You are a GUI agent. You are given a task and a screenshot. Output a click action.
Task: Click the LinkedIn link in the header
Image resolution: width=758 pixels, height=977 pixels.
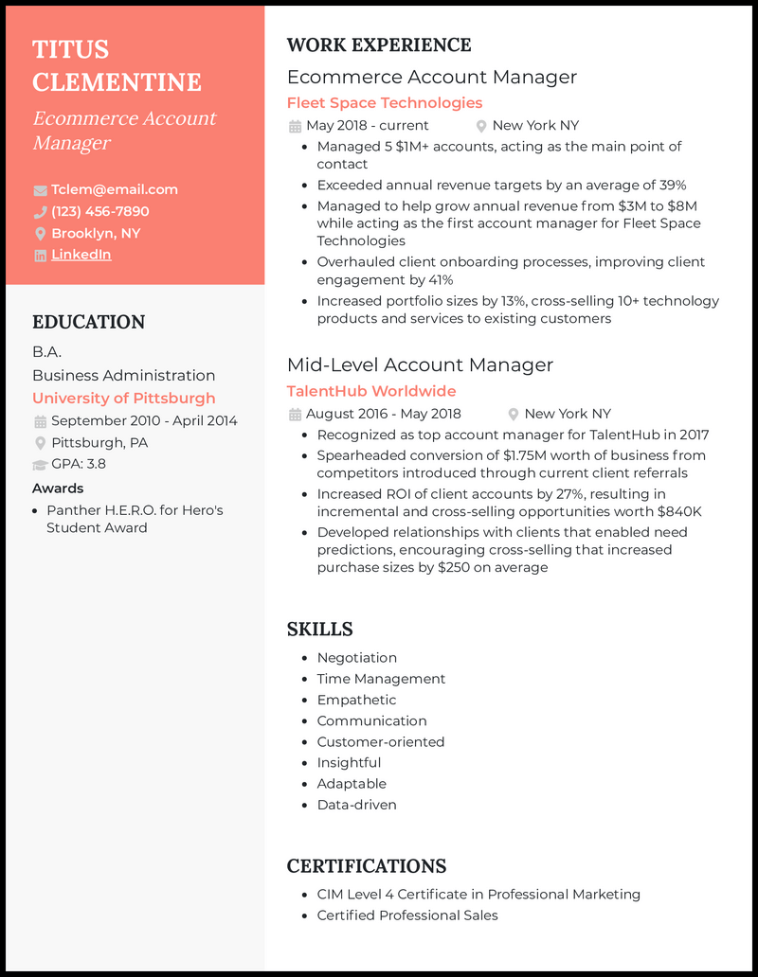(x=81, y=255)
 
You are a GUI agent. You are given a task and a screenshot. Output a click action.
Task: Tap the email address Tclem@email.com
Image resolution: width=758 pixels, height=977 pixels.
(x=115, y=189)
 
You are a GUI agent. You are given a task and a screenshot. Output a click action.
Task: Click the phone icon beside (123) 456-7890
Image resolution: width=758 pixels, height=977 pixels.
(x=40, y=211)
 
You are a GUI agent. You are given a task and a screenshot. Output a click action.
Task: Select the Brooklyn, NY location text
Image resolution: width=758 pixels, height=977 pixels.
(x=96, y=233)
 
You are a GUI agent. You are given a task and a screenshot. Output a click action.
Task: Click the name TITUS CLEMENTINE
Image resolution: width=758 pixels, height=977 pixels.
(x=117, y=65)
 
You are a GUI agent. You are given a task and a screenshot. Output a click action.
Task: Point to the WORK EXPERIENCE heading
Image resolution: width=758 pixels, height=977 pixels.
(x=378, y=45)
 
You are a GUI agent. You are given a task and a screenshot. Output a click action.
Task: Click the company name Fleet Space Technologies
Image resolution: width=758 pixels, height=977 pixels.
(x=384, y=102)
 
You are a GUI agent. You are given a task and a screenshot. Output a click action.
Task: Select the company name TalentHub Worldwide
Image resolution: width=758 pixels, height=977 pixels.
(x=370, y=391)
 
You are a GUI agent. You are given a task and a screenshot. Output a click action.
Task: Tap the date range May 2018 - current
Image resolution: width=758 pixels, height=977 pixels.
(x=368, y=125)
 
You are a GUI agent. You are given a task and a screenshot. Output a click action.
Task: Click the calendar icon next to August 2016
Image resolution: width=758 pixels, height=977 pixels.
(x=295, y=414)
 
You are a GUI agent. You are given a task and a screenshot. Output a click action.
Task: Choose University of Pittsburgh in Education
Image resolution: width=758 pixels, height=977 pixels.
(x=123, y=399)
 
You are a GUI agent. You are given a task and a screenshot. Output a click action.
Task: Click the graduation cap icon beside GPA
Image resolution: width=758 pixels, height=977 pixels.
(x=40, y=464)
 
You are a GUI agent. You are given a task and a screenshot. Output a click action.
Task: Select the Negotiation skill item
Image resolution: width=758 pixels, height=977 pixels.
(x=356, y=658)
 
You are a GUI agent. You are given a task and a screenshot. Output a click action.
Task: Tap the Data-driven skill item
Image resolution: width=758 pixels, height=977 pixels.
(x=356, y=805)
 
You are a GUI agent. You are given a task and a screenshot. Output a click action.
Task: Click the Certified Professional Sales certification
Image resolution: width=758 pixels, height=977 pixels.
(x=406, y=915)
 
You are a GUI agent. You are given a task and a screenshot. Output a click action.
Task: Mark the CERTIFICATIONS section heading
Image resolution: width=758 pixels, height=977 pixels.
(x=366, y=866)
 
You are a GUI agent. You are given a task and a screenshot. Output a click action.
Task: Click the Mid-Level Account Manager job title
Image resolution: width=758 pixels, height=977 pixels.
(x=420, y=364)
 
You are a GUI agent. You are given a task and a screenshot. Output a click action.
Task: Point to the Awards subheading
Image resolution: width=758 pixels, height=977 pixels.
(x=58, y=488)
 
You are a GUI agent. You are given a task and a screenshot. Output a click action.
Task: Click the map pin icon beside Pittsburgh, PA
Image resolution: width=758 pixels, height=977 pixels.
(x=40, y=443)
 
